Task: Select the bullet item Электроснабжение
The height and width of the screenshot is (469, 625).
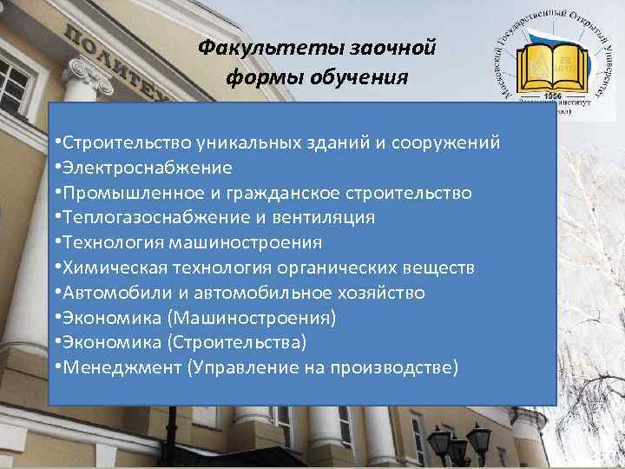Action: (x=145, y=168)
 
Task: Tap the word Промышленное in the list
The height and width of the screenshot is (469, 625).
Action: (x=119, y=193)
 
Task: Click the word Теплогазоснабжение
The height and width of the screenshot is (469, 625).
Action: (x=141, y=218)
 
